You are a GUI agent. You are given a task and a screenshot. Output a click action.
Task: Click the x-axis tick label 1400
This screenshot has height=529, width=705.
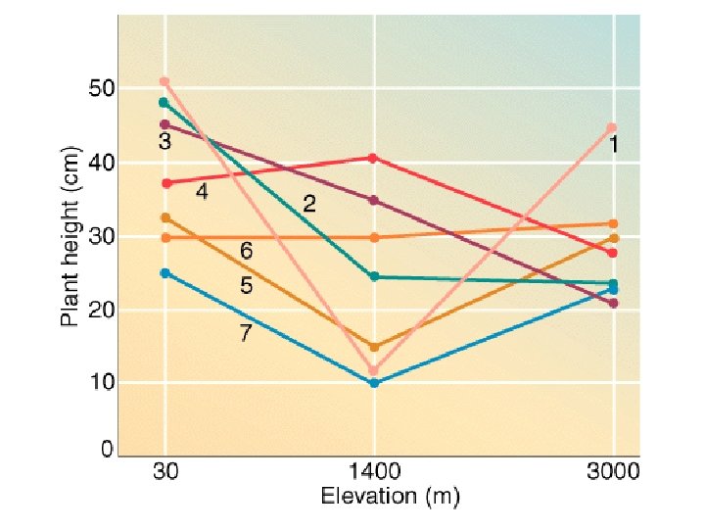tap(373, 471)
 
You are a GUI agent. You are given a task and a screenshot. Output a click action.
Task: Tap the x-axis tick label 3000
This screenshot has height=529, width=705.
tap(613, 471)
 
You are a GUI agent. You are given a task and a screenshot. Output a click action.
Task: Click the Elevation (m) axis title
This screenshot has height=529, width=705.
tap(389, 497)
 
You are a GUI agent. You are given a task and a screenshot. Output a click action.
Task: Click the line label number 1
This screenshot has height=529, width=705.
tap(613, 145)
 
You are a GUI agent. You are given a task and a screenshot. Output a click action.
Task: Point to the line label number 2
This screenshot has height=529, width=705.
tap(308, 204)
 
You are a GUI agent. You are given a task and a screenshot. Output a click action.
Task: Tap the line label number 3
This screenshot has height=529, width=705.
tap(164, 141)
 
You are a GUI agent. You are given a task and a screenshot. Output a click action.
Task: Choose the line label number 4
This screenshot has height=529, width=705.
tap(202, 192)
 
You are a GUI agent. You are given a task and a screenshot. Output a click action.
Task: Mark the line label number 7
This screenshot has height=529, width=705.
tap(246, 333)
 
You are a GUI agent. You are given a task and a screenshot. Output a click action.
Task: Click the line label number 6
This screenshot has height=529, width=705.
tap(247, 252)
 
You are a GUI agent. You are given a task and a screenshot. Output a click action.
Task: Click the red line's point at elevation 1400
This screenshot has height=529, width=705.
tap(373, 158)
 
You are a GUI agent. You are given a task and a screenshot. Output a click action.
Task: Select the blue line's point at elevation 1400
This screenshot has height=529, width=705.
tap(373, 382)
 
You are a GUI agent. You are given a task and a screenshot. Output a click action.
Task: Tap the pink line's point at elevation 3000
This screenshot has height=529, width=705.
tap(612, 127)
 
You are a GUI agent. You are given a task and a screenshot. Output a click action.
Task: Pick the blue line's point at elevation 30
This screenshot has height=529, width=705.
tap(164, 272)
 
